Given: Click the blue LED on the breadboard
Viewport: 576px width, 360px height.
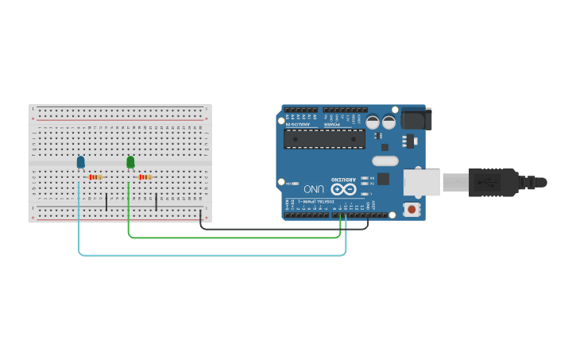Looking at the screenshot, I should (x=80, y=162).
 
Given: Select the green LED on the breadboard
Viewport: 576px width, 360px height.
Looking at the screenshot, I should (x=130, y=162).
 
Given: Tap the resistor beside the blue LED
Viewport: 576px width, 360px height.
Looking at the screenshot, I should (x=96, y=177).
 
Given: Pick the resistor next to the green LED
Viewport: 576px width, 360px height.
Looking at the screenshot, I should (x=145, y=177).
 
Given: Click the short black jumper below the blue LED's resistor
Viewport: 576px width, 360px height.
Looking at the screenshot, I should (x=106, y=201).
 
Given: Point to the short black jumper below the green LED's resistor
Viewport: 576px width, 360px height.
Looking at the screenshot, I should (x=156, y=201).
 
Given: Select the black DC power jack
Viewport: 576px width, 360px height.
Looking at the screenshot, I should (x=415, y=118).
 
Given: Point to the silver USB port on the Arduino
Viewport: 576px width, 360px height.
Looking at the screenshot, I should (x=421, y=182).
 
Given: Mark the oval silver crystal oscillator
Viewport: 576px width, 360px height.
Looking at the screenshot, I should (x=385, y=161).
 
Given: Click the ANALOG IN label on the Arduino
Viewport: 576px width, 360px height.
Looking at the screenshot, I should (x=298, y=124).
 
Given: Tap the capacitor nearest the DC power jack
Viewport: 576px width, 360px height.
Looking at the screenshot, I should (x=389, y=122).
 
